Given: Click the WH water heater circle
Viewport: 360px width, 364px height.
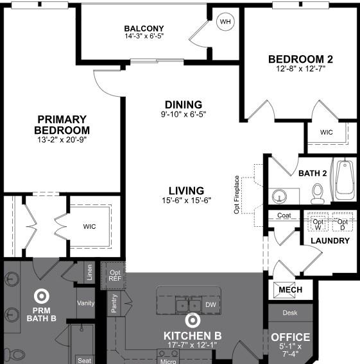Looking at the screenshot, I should pos(225,22).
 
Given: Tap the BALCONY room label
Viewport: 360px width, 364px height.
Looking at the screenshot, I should pos(144,28).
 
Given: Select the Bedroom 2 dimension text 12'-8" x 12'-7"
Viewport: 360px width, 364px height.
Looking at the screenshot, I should pos(300,69).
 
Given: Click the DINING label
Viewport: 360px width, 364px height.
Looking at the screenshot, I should pos(183,104).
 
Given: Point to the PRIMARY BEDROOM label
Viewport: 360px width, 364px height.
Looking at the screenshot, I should pos(62,124).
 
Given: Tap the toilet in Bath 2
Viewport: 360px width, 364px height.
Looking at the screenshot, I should pos(317,192).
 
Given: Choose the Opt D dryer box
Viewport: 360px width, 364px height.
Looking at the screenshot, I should pos(342,222).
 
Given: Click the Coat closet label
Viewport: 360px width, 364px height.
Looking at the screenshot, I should pos(284,216).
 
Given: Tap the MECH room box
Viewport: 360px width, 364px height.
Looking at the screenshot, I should pos(290,290).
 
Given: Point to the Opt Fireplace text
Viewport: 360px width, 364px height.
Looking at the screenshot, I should pos(237,194).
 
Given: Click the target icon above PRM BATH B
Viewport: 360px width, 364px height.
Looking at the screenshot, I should pos(42,295).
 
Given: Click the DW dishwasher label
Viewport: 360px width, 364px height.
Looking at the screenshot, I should pos(210,305).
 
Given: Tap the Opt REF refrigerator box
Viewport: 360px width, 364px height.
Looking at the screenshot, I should pos(114,275).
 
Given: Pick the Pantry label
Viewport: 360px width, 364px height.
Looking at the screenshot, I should pos(114,303).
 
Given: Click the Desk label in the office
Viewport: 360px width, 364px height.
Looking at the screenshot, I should pos(290,313).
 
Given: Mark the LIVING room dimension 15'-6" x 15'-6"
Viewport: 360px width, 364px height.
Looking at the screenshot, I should pos(186,200).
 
